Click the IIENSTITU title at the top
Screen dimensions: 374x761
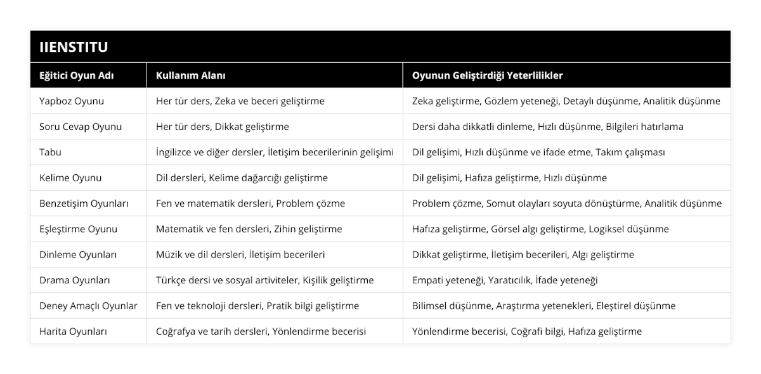(73, 46)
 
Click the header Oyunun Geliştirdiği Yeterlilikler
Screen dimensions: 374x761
(488, 75)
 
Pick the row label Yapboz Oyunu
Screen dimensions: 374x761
(72, 101)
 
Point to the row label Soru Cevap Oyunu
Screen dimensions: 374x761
(81, 126)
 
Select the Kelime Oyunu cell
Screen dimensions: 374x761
(70, 177)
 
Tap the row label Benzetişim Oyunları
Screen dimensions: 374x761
(84, 203)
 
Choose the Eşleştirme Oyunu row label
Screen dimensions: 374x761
(78, 229)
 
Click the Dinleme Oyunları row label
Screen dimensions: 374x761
(77, 255)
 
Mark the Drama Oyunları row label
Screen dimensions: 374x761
(75, 280)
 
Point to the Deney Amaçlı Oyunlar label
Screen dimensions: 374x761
(88, 306)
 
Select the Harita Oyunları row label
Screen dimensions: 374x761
(73, 331)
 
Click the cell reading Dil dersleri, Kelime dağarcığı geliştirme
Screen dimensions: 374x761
(242, 177)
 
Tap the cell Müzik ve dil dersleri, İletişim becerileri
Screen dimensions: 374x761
(240, 255)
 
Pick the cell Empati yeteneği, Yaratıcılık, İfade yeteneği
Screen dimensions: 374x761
(505, 280)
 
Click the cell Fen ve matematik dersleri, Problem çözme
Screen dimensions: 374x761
(250, 203)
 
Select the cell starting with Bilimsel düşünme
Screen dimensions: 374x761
(543, 306)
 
